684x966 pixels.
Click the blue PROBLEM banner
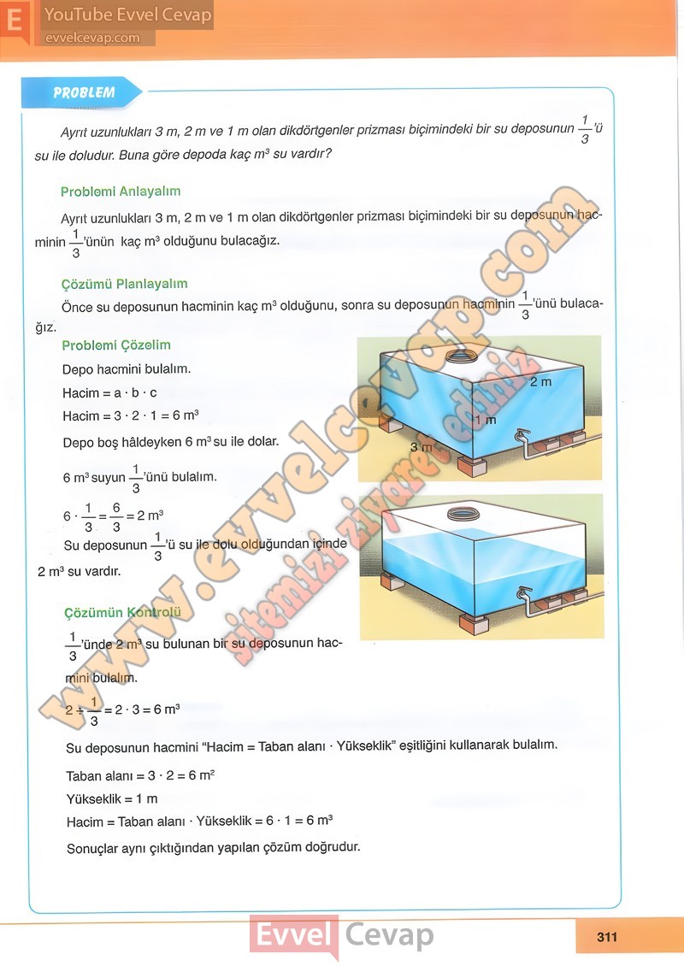click(83, 92)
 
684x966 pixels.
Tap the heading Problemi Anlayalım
click(121, 191)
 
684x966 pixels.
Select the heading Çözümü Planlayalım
click(125, 284)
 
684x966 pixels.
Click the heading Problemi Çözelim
click(116, 345)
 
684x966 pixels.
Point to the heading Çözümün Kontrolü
click(123, 612)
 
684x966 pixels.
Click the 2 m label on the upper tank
click(540, 381)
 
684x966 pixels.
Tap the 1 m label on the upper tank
click(486, 421)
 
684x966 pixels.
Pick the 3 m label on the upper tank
click(420, 447)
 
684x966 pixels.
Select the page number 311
click(606, 937)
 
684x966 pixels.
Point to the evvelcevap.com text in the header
click(91, 38)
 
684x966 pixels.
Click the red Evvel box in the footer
click(293, 936)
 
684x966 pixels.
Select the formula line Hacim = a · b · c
click(109, 393)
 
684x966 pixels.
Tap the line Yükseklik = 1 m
click(112, 799)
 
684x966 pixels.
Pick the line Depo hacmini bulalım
click(127, 369)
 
